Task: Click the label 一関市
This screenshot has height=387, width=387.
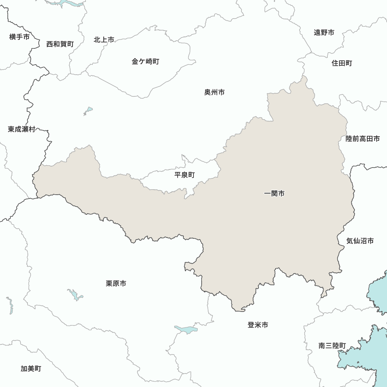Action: coord(274,193)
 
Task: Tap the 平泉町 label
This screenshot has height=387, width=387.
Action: coord(185,175)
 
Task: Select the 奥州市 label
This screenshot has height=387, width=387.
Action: coord(214,92)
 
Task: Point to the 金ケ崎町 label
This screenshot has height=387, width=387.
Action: coord(145,62)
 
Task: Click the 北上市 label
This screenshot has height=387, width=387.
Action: coord(104,40)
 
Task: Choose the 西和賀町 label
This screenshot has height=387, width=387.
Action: coord(60,44)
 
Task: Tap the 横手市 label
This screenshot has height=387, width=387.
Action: coord(19,37)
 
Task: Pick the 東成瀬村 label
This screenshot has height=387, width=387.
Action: coord(22,129)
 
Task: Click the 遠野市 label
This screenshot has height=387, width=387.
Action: coord(324,33)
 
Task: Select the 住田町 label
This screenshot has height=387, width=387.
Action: coord(342,63)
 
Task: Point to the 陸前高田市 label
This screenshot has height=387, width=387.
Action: coord(363,139)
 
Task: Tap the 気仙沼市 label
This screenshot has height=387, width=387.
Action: coord(360,241)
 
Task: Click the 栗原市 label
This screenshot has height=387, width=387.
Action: coord(116,284)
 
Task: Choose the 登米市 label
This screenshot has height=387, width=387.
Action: coord(258,325)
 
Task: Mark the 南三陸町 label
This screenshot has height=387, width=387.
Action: coord(332,346)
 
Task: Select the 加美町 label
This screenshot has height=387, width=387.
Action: coord(31,368)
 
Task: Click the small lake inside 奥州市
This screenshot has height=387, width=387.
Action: coord(89,110)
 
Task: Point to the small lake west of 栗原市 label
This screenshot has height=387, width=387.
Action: coord(75,295)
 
